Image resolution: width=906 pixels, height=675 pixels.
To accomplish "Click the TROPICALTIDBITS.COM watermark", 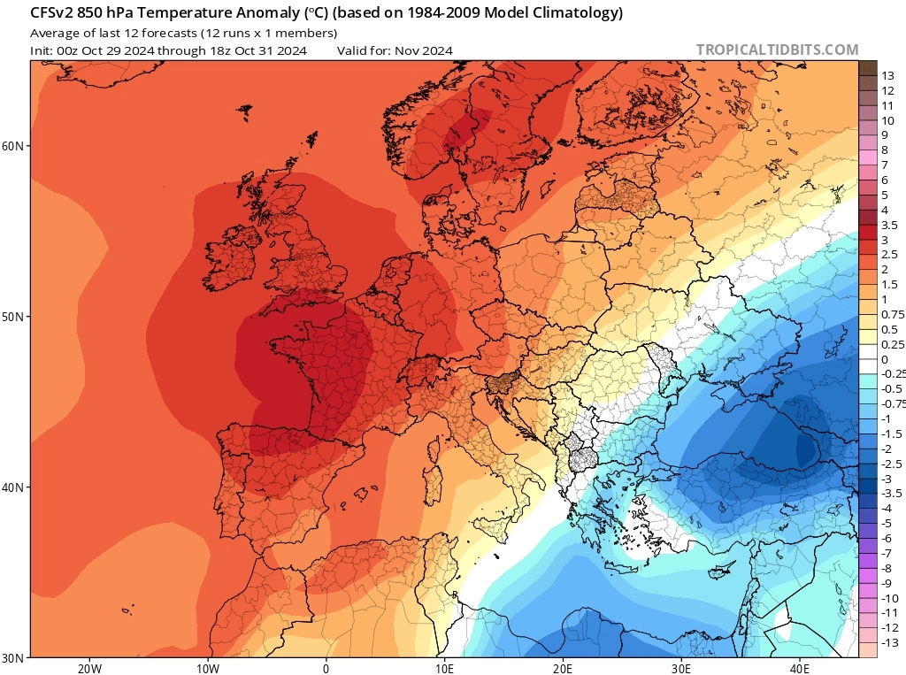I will coord(777,50).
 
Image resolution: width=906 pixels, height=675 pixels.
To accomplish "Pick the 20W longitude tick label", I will coord(88,668).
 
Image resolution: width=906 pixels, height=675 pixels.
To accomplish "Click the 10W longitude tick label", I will coord(208,668).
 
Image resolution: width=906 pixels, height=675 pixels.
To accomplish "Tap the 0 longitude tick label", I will coord(326,668).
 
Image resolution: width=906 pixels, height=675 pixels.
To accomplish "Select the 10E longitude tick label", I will coord(445,668).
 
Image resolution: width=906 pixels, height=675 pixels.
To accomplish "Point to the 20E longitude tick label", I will coord(564,668).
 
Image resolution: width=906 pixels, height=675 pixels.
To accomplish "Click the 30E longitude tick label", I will coord(682,668).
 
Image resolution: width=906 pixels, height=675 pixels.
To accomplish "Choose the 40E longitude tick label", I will coord(801,668).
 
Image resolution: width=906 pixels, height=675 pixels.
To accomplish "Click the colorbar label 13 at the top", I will coord(888,76).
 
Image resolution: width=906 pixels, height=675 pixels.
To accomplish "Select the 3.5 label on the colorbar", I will coord(890,226).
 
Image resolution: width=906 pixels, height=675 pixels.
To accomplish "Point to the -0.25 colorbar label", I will coord(893,374).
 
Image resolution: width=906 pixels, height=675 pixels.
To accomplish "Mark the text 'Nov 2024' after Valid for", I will coord(424,50).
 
